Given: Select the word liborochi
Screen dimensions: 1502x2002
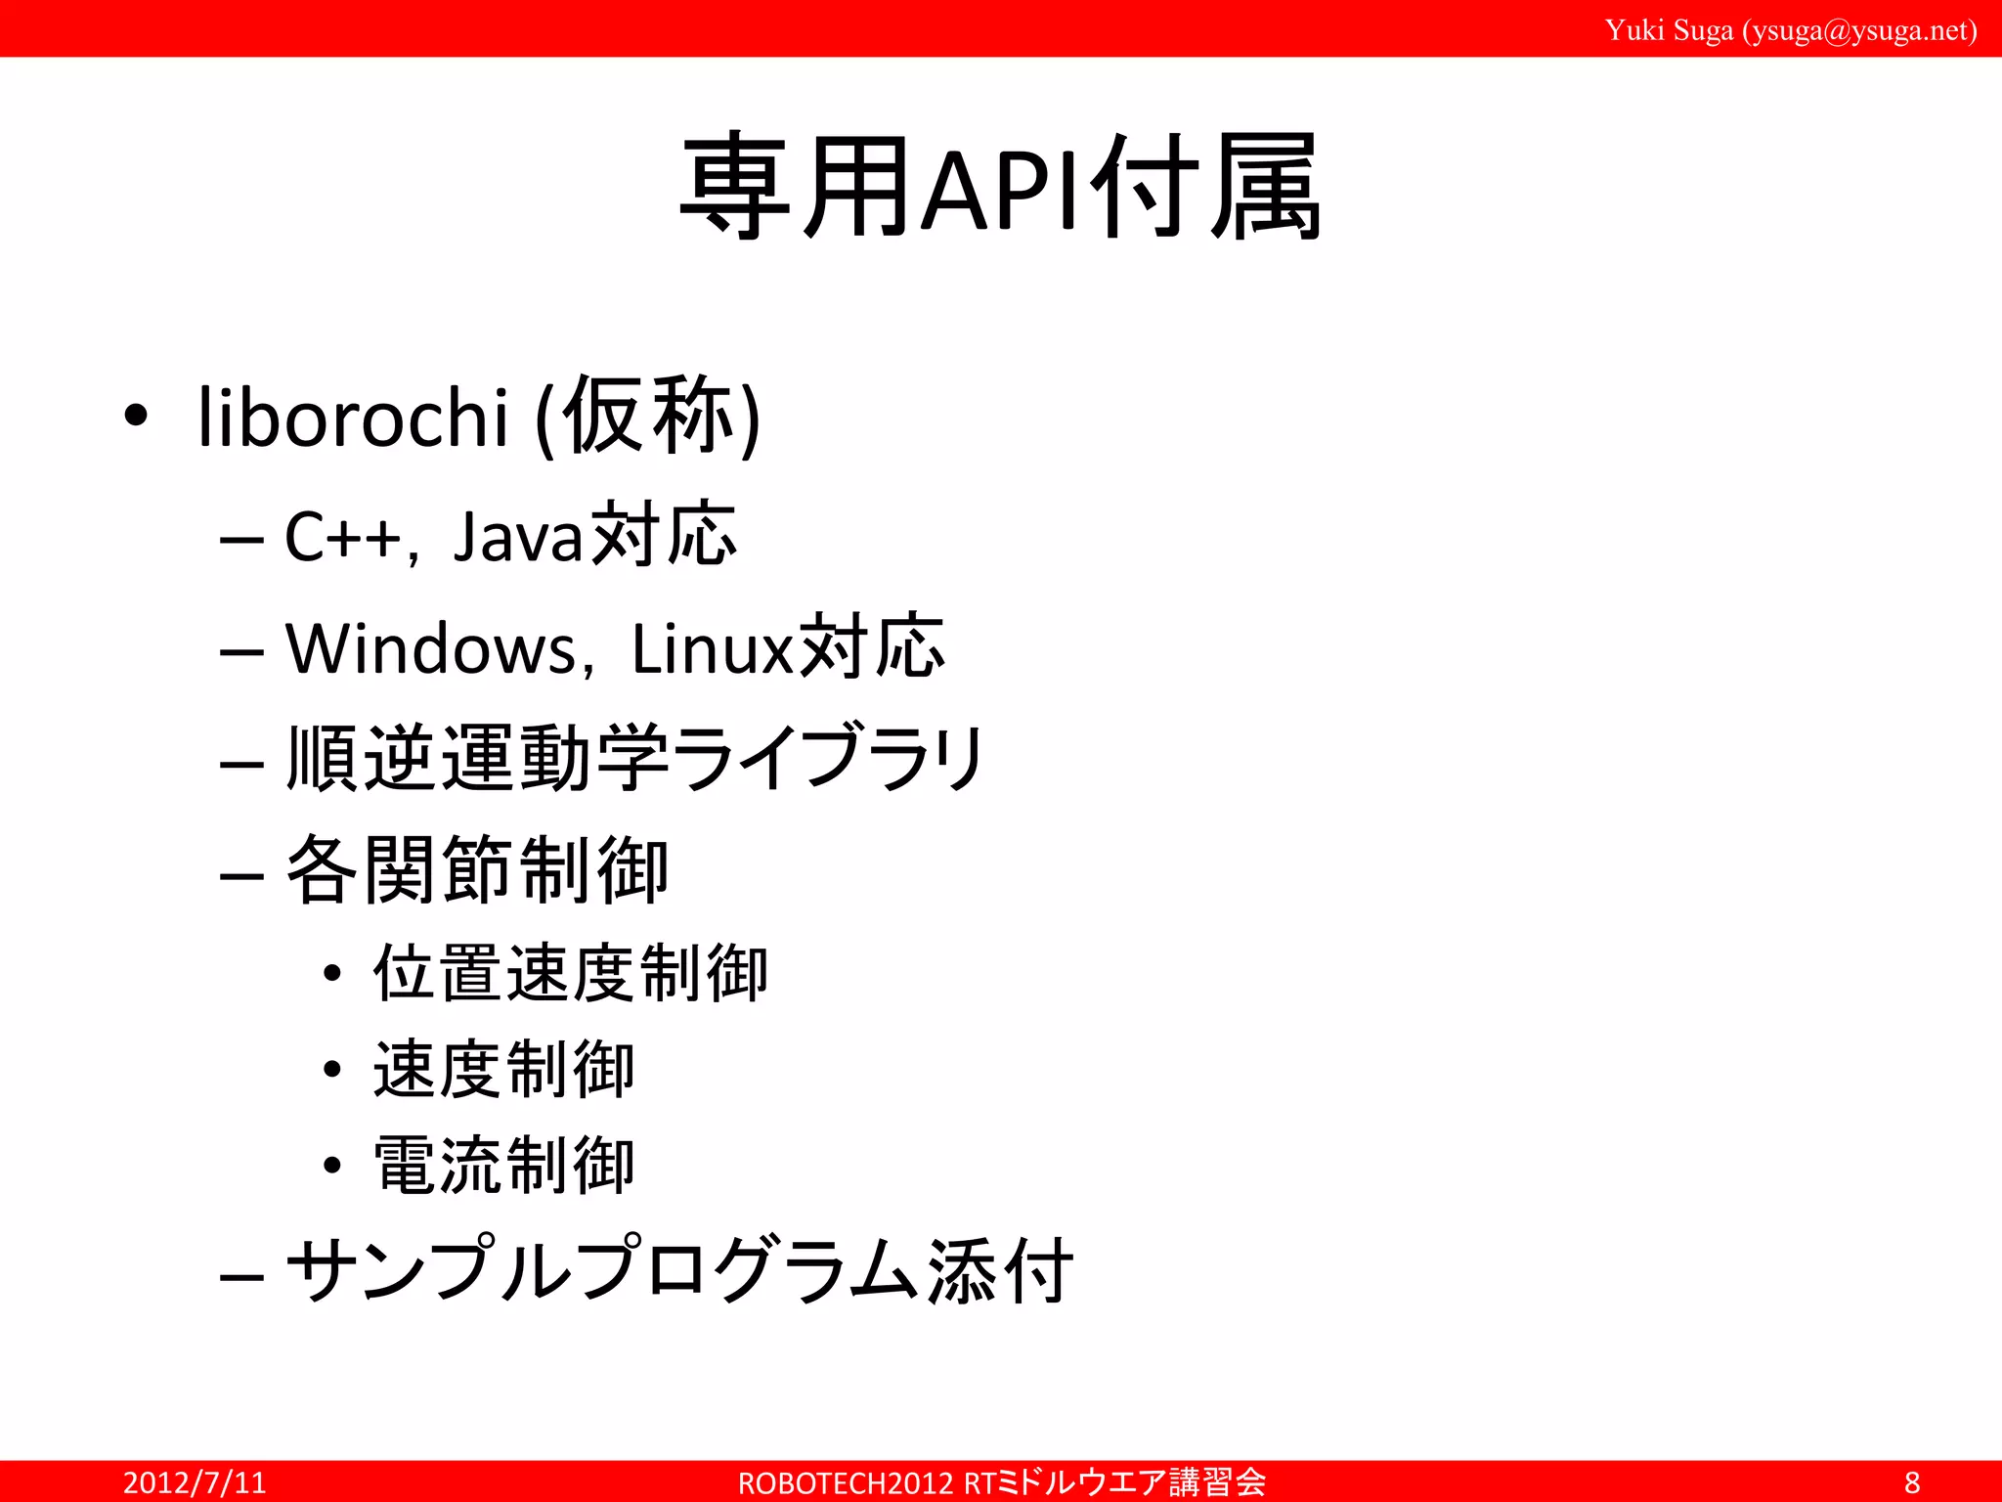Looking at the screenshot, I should (353, 418).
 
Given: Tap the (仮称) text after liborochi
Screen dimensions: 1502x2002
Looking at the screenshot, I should (648, 418).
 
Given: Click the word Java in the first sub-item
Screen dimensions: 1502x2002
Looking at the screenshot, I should (517, 537).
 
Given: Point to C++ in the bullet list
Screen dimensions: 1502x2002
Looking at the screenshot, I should (342, 537).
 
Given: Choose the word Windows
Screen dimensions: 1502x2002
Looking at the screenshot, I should (431, 648).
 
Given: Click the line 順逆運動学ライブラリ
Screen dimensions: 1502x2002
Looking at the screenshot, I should (635, 758).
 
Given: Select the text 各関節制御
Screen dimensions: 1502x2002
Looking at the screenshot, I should (477, 869).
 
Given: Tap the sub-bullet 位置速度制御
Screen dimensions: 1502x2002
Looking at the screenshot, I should (571, 974).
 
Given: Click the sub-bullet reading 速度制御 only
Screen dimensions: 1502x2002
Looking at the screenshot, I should (504, 1070).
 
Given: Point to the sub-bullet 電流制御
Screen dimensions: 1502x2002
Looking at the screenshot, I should (504, 1166).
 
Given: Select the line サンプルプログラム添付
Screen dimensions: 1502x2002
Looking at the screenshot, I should (679, 1270).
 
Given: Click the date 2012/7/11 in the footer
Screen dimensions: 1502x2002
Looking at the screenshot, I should (195, 1482).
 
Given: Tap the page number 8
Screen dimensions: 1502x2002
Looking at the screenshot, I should (1912, 1482).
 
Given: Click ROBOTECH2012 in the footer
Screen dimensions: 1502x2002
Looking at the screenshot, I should (845, 1483).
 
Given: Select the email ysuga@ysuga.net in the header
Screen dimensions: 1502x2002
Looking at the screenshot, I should (1860, 30).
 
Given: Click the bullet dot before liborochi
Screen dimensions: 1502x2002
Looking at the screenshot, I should (136, 417).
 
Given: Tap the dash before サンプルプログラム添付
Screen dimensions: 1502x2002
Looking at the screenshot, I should (241, 1276).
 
